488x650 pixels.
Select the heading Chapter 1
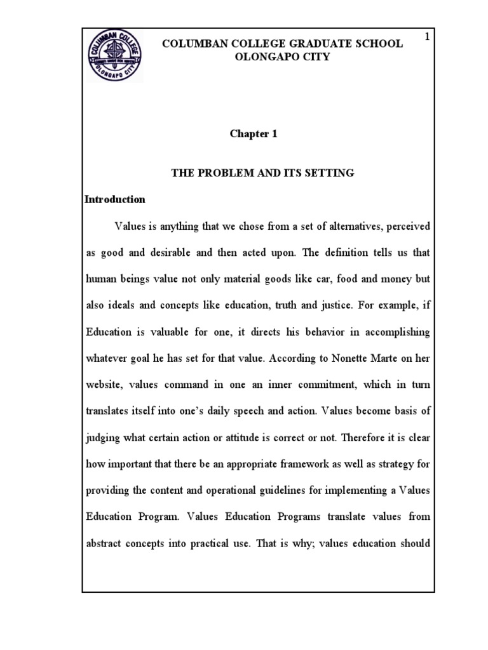[x=254, y=134]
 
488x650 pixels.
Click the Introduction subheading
[x=115, y=199]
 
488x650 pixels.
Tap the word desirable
[x=170, y=252]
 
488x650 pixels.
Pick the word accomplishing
[x=395, y=331]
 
